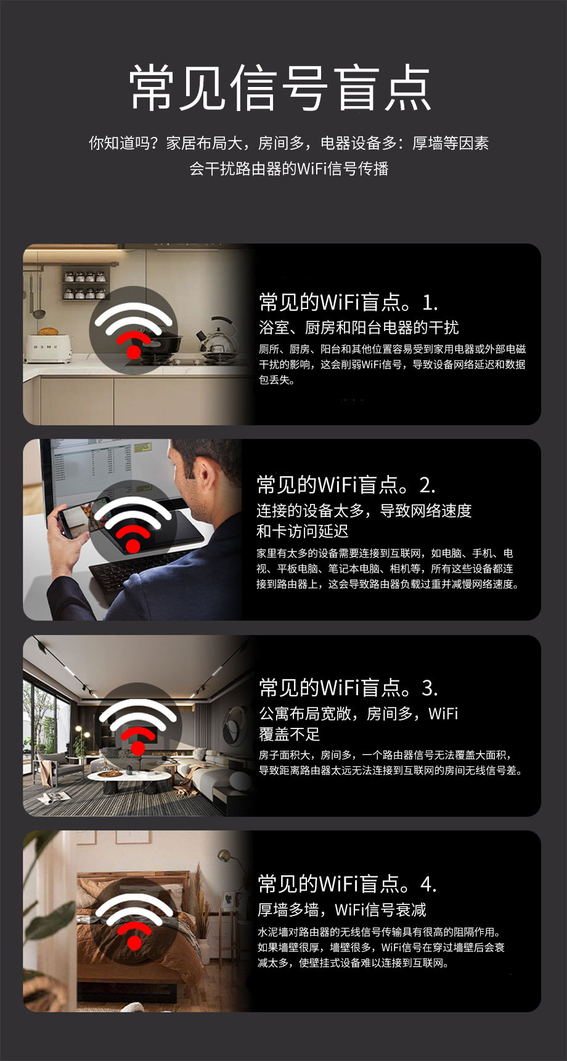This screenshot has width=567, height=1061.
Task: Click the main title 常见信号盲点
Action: pyautogui.click(x=280, y=88)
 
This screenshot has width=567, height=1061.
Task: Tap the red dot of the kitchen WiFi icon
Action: pyautogui.click(x=134, y=352)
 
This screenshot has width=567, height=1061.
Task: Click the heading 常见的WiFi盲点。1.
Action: pyautogui.click(x=349, y=302)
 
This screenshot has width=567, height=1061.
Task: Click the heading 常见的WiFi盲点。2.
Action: pyautogui.click(x=346, y=485)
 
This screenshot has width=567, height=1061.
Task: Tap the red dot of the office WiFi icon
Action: pyautogui.click(x=134, y=547)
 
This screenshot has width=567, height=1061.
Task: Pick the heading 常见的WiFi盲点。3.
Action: pyautogui.click(x=349, y=687)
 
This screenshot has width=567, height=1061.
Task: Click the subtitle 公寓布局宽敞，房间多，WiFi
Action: pyautogui.click(x=359, y=714)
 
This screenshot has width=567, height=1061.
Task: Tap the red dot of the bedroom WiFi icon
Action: pyautogui.click(x=134, y=943)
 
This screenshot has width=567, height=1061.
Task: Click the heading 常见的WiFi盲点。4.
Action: pyautogui.click(x=348, y=884)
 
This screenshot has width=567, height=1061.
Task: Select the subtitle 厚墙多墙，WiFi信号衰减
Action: pyautogui.click(x=342, y=910)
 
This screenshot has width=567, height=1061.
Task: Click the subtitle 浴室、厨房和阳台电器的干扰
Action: pyautogui.click(x=359, y=328)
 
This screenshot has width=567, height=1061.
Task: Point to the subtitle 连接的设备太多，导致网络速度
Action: pyautogui.click(x=364, y=511)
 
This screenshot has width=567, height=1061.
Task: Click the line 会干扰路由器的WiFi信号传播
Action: pyautogui.click(x=289, y=168)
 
